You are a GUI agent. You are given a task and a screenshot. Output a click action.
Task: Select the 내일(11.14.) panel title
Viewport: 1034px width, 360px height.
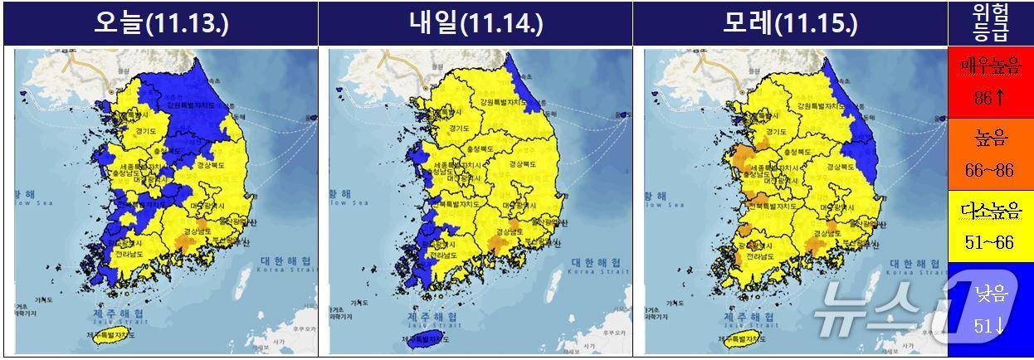click(476, 23)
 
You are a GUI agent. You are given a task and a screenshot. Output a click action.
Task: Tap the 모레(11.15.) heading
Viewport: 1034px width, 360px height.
click(790, 23)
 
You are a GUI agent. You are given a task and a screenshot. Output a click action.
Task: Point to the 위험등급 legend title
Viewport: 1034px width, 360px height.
click(990, 22)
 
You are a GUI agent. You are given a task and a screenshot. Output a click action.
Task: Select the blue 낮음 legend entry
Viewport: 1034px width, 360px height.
click(990, 307)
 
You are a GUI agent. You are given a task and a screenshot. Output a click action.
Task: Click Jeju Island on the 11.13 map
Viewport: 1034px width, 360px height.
click(110, 338)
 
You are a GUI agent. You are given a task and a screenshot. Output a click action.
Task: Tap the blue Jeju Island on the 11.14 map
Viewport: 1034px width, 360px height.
click(425, 338)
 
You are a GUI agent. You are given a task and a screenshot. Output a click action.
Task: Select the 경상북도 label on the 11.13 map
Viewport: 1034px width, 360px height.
click(212, 165)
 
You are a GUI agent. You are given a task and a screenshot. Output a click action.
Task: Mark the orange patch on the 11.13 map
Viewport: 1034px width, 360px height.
click(186, 242)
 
